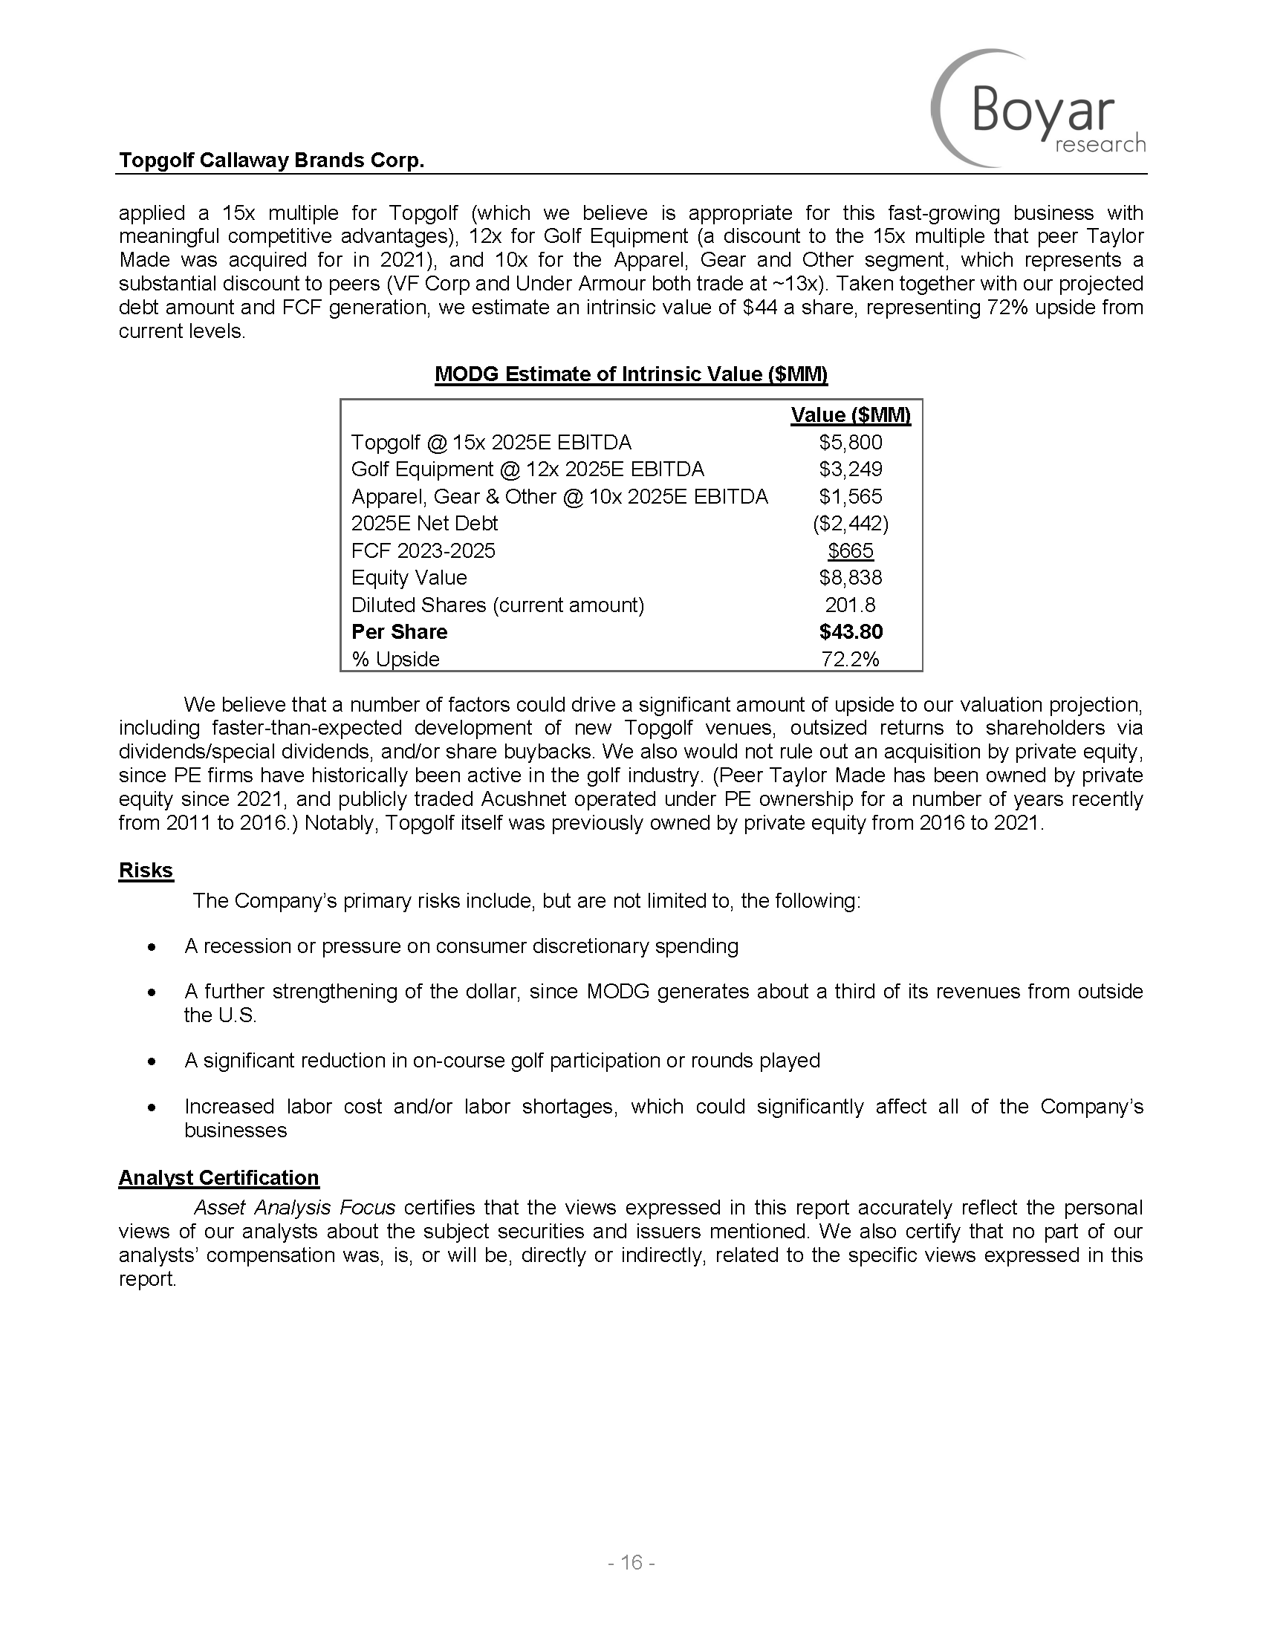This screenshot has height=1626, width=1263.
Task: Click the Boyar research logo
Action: [x=1039, y=108]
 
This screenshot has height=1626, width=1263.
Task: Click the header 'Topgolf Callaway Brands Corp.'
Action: [x=272, y=160]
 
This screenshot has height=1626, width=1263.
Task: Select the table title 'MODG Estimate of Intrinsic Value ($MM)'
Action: [x=631, y=374]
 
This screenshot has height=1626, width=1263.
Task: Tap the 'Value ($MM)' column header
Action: [x=850, y=415]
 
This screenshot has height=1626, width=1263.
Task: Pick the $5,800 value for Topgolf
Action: [x=850, y=443]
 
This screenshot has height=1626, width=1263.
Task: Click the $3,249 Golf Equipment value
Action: [x=850, y=469]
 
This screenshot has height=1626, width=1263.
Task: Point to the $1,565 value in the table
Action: [x=850, y=497]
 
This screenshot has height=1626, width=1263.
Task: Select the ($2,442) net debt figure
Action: [x=850, y=524]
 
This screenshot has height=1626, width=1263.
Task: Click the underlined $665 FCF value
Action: [x=850, y=551]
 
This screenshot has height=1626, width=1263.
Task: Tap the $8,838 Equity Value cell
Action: [x=850, y=578]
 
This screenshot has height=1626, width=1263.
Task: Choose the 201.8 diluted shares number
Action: [x=850, y=605]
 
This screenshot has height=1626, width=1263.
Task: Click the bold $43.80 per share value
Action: [x=850, y=632]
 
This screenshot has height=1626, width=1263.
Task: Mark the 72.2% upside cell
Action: [x=850, y=659]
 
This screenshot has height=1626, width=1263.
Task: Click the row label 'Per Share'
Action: [x=399, y=632]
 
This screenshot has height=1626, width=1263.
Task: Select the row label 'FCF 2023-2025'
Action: [x=423, y=551]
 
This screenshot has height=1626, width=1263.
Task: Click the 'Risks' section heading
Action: [x=146, y=871]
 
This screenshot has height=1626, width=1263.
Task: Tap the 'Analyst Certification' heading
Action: [x=219, y=1177]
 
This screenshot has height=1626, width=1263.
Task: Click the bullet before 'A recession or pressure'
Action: [x=152, y=948]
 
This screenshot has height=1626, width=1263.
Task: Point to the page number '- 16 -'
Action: [x=631, y=1562]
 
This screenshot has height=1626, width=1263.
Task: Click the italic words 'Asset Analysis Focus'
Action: [x=294, y=1207]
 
